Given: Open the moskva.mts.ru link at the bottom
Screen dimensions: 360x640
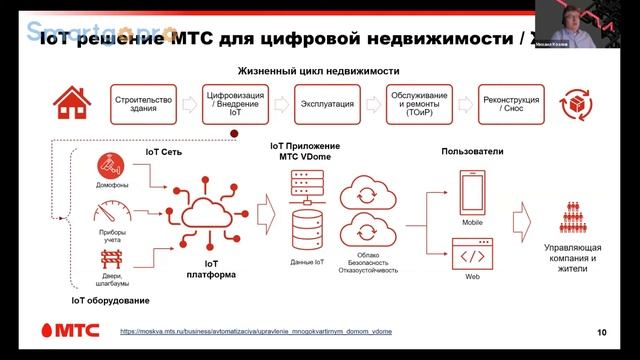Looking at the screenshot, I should click(255, 331).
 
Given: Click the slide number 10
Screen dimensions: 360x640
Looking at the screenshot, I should click(601, 332).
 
